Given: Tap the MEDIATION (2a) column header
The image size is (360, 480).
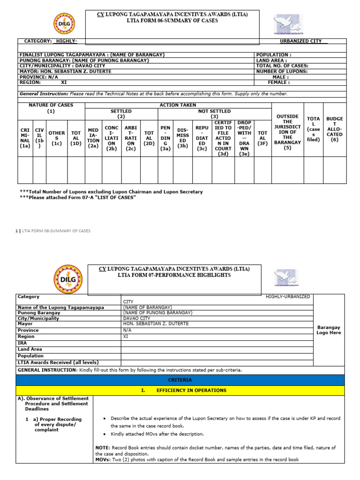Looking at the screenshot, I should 93,136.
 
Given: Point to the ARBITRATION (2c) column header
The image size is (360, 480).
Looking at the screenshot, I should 131,136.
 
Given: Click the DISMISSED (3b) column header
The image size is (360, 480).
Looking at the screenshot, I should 183,136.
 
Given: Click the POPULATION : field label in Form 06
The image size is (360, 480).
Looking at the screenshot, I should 273,55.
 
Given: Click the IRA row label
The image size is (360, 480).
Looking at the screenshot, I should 22,343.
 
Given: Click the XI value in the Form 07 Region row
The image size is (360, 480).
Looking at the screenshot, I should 125,337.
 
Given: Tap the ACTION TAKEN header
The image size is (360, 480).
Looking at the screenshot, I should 178,105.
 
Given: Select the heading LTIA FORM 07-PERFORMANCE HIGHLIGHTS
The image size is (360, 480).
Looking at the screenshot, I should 174,275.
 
